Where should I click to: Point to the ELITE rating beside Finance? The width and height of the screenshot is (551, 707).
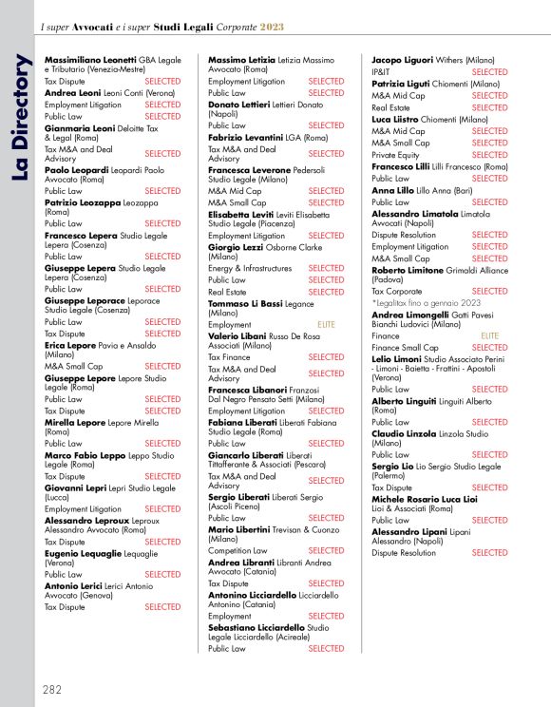489,335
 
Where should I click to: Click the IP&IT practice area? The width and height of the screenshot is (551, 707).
381,72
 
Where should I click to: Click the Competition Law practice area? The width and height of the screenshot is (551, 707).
237,550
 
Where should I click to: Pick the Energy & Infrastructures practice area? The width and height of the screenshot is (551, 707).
250,269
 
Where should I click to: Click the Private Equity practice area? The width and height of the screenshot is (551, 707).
394,155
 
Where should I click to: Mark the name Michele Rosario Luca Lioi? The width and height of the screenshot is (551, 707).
424,499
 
